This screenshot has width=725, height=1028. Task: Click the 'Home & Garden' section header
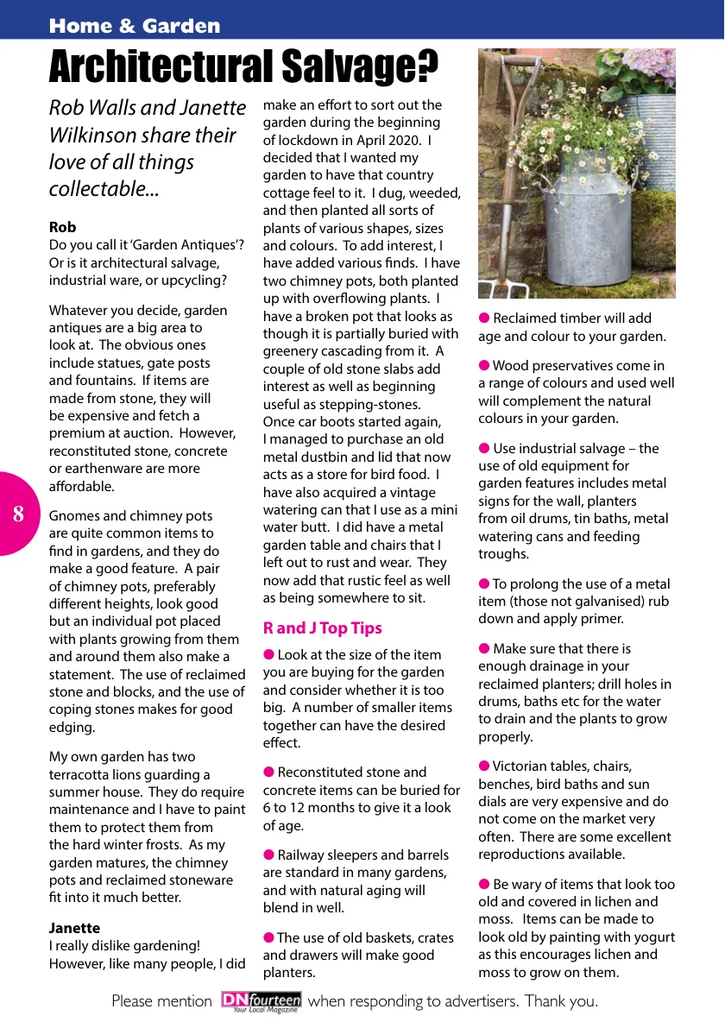(x=135, y=26)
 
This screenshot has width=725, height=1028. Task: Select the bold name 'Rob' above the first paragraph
(x=62, y=227)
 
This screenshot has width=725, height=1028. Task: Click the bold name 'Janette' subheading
(x=74, y=928)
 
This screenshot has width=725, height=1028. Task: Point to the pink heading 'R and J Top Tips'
(x=322, y=628)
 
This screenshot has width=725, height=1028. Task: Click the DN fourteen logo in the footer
(x=261, y=1001)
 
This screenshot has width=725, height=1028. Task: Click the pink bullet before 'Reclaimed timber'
(x=484, y=318)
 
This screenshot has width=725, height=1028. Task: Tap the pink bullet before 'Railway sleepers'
(x=268, y=855)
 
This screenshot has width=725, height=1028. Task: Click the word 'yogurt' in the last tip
(x=653, y=937)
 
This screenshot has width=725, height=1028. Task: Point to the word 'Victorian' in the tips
(x=521, y=766)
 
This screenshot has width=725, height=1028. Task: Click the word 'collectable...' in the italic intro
(x=104, y=189)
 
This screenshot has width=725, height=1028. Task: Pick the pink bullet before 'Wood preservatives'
(x=484, y=365)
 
